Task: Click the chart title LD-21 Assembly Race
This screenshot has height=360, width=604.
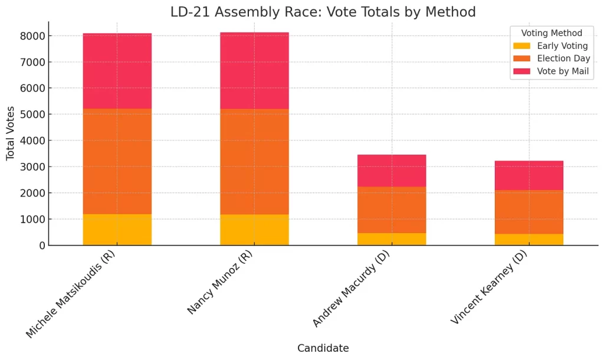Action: click(323, 12)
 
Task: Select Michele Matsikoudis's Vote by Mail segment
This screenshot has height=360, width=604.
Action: click(117, 71)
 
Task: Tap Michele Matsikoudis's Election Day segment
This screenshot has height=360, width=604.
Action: click(117, 161)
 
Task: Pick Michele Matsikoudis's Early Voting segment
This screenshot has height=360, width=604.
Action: click(117, 230)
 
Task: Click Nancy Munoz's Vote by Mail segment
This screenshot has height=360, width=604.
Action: click(254, 71)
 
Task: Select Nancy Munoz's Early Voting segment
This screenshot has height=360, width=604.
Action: click(254, 230)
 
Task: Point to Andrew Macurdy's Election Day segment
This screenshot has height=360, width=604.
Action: click(392, 210)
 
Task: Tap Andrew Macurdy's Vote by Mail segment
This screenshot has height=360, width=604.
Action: click(392, 171)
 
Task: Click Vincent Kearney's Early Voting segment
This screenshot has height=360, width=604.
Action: click(529, 239)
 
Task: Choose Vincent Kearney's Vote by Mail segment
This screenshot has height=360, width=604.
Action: click(529, 175)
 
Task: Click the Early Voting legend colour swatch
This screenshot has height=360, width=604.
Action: click(521, 46)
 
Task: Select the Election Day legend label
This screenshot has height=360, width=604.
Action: click(563, 58)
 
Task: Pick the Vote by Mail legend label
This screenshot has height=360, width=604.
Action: click(563, 71)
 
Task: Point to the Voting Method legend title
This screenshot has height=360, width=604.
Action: click(552, 34)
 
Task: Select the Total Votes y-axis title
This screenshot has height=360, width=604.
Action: click(11, 133)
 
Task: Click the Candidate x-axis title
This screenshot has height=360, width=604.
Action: click(323, 348)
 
